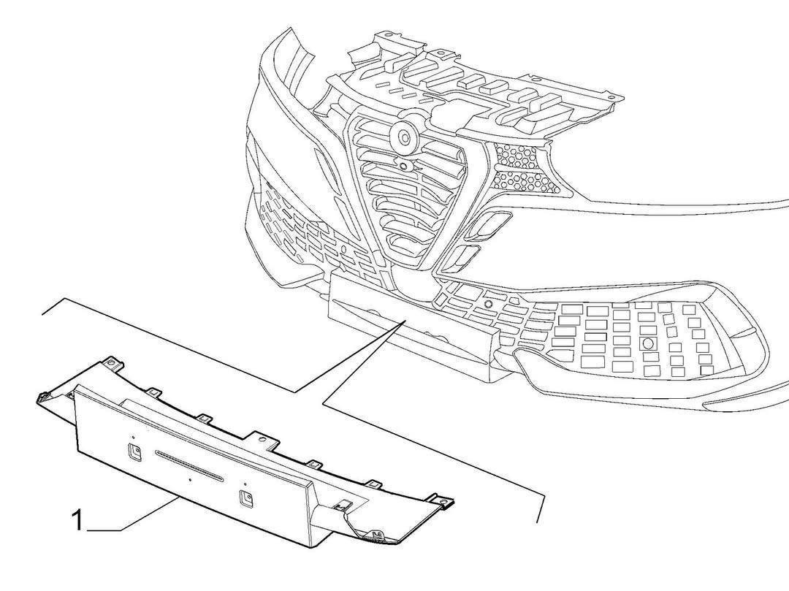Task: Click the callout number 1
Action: [78, 521]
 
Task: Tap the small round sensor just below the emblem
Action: [403, 166]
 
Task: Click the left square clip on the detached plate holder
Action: [135, 452]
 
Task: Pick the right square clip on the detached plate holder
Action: [245, 498]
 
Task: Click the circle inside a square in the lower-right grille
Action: [647, 343]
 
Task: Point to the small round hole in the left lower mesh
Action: [343, 249]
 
